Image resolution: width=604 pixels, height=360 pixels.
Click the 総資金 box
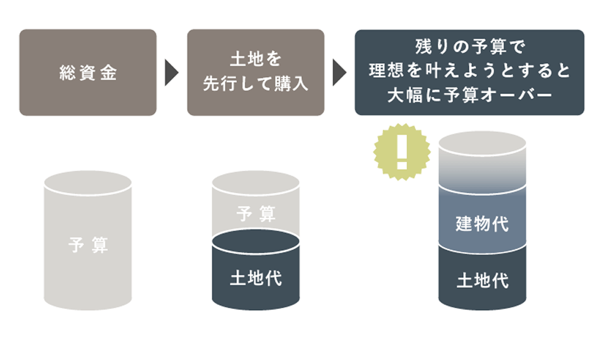point(87,72)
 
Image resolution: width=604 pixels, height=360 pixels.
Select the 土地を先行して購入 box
point(255,72)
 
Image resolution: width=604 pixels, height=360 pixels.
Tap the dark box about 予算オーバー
point(469,72)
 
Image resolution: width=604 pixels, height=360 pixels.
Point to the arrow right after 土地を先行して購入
point(339,73)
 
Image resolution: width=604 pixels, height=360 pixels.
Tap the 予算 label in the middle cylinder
point(255,214)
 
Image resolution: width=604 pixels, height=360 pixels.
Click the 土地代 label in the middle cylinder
point(255,278)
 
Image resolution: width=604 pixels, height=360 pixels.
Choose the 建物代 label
point(482,223)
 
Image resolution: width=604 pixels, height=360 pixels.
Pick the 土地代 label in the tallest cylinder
point(482,280)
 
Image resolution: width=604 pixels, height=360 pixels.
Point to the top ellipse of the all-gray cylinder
point(88,182)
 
